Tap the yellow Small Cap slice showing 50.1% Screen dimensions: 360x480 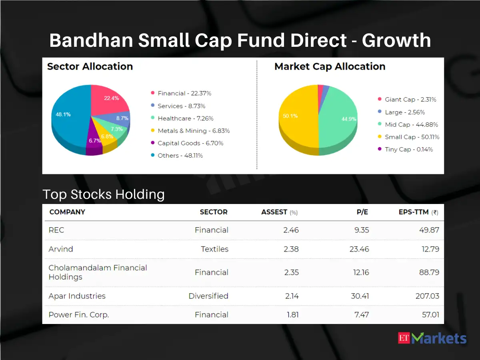pos(296,120)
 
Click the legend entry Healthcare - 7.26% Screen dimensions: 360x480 pos(185,118)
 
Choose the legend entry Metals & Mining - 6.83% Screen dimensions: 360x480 pos(193,131)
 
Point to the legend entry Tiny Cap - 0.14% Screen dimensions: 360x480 pos(408,149)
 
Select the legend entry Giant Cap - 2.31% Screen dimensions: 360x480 pos(410,100)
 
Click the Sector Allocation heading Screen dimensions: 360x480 pos(90,66)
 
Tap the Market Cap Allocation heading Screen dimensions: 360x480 pos(330,66)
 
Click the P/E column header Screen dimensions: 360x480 pos(362,212)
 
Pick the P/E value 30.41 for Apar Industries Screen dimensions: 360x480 pos(359,296)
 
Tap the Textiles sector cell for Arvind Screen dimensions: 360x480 pos(214,249)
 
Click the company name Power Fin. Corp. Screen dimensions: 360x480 pos(79,315)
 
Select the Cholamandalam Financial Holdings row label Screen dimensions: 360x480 pos(98,272)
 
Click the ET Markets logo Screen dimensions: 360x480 pos(432,338)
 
